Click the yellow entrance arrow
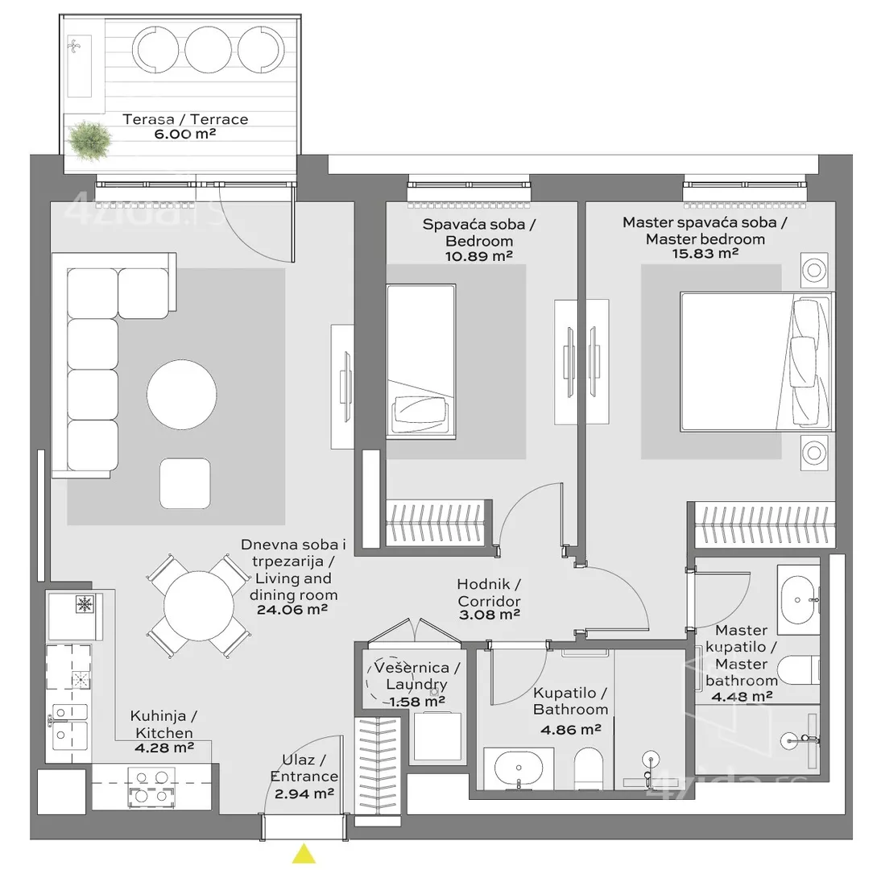[304, 854]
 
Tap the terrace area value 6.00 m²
[185, 134]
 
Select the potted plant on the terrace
[89, 140]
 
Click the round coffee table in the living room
[181, 395]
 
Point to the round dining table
[199, 606]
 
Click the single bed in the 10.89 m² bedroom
[421, 362]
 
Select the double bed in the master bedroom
[757, 362]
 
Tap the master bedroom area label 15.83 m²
[705, 254]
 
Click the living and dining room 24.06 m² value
[292, 610]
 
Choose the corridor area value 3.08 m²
[490, 615]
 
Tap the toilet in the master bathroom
[798, 670]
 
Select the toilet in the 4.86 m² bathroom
[589, 768]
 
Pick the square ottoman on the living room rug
[185, 483]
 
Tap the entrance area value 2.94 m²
[304, 793]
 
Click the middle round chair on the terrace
[208, 50]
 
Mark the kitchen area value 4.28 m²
[164, 748]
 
